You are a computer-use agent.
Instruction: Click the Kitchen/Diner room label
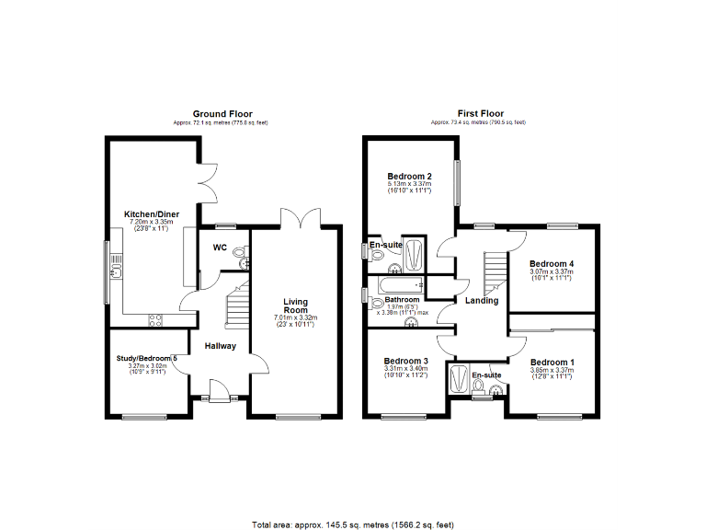[152, 214]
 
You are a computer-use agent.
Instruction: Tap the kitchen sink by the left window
[117, 269]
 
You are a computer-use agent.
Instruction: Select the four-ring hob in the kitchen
[154, 319]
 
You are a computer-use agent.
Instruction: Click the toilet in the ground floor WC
[241, 252]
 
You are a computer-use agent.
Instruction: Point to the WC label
[220, 248]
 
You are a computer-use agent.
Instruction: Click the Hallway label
[221, 346]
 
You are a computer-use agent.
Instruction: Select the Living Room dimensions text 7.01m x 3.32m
[295, 318]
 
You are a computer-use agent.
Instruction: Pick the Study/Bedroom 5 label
[146, 357]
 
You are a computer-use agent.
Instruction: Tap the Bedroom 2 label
[410, 176]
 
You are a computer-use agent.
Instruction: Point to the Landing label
[482, 300]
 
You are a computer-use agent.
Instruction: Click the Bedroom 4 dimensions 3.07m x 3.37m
[551, 271]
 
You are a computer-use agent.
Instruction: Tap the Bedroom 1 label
[552, 362]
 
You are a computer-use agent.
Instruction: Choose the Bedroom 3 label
[406, 361]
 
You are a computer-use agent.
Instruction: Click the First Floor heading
[478, 114]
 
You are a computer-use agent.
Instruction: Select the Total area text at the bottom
[353, 524]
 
